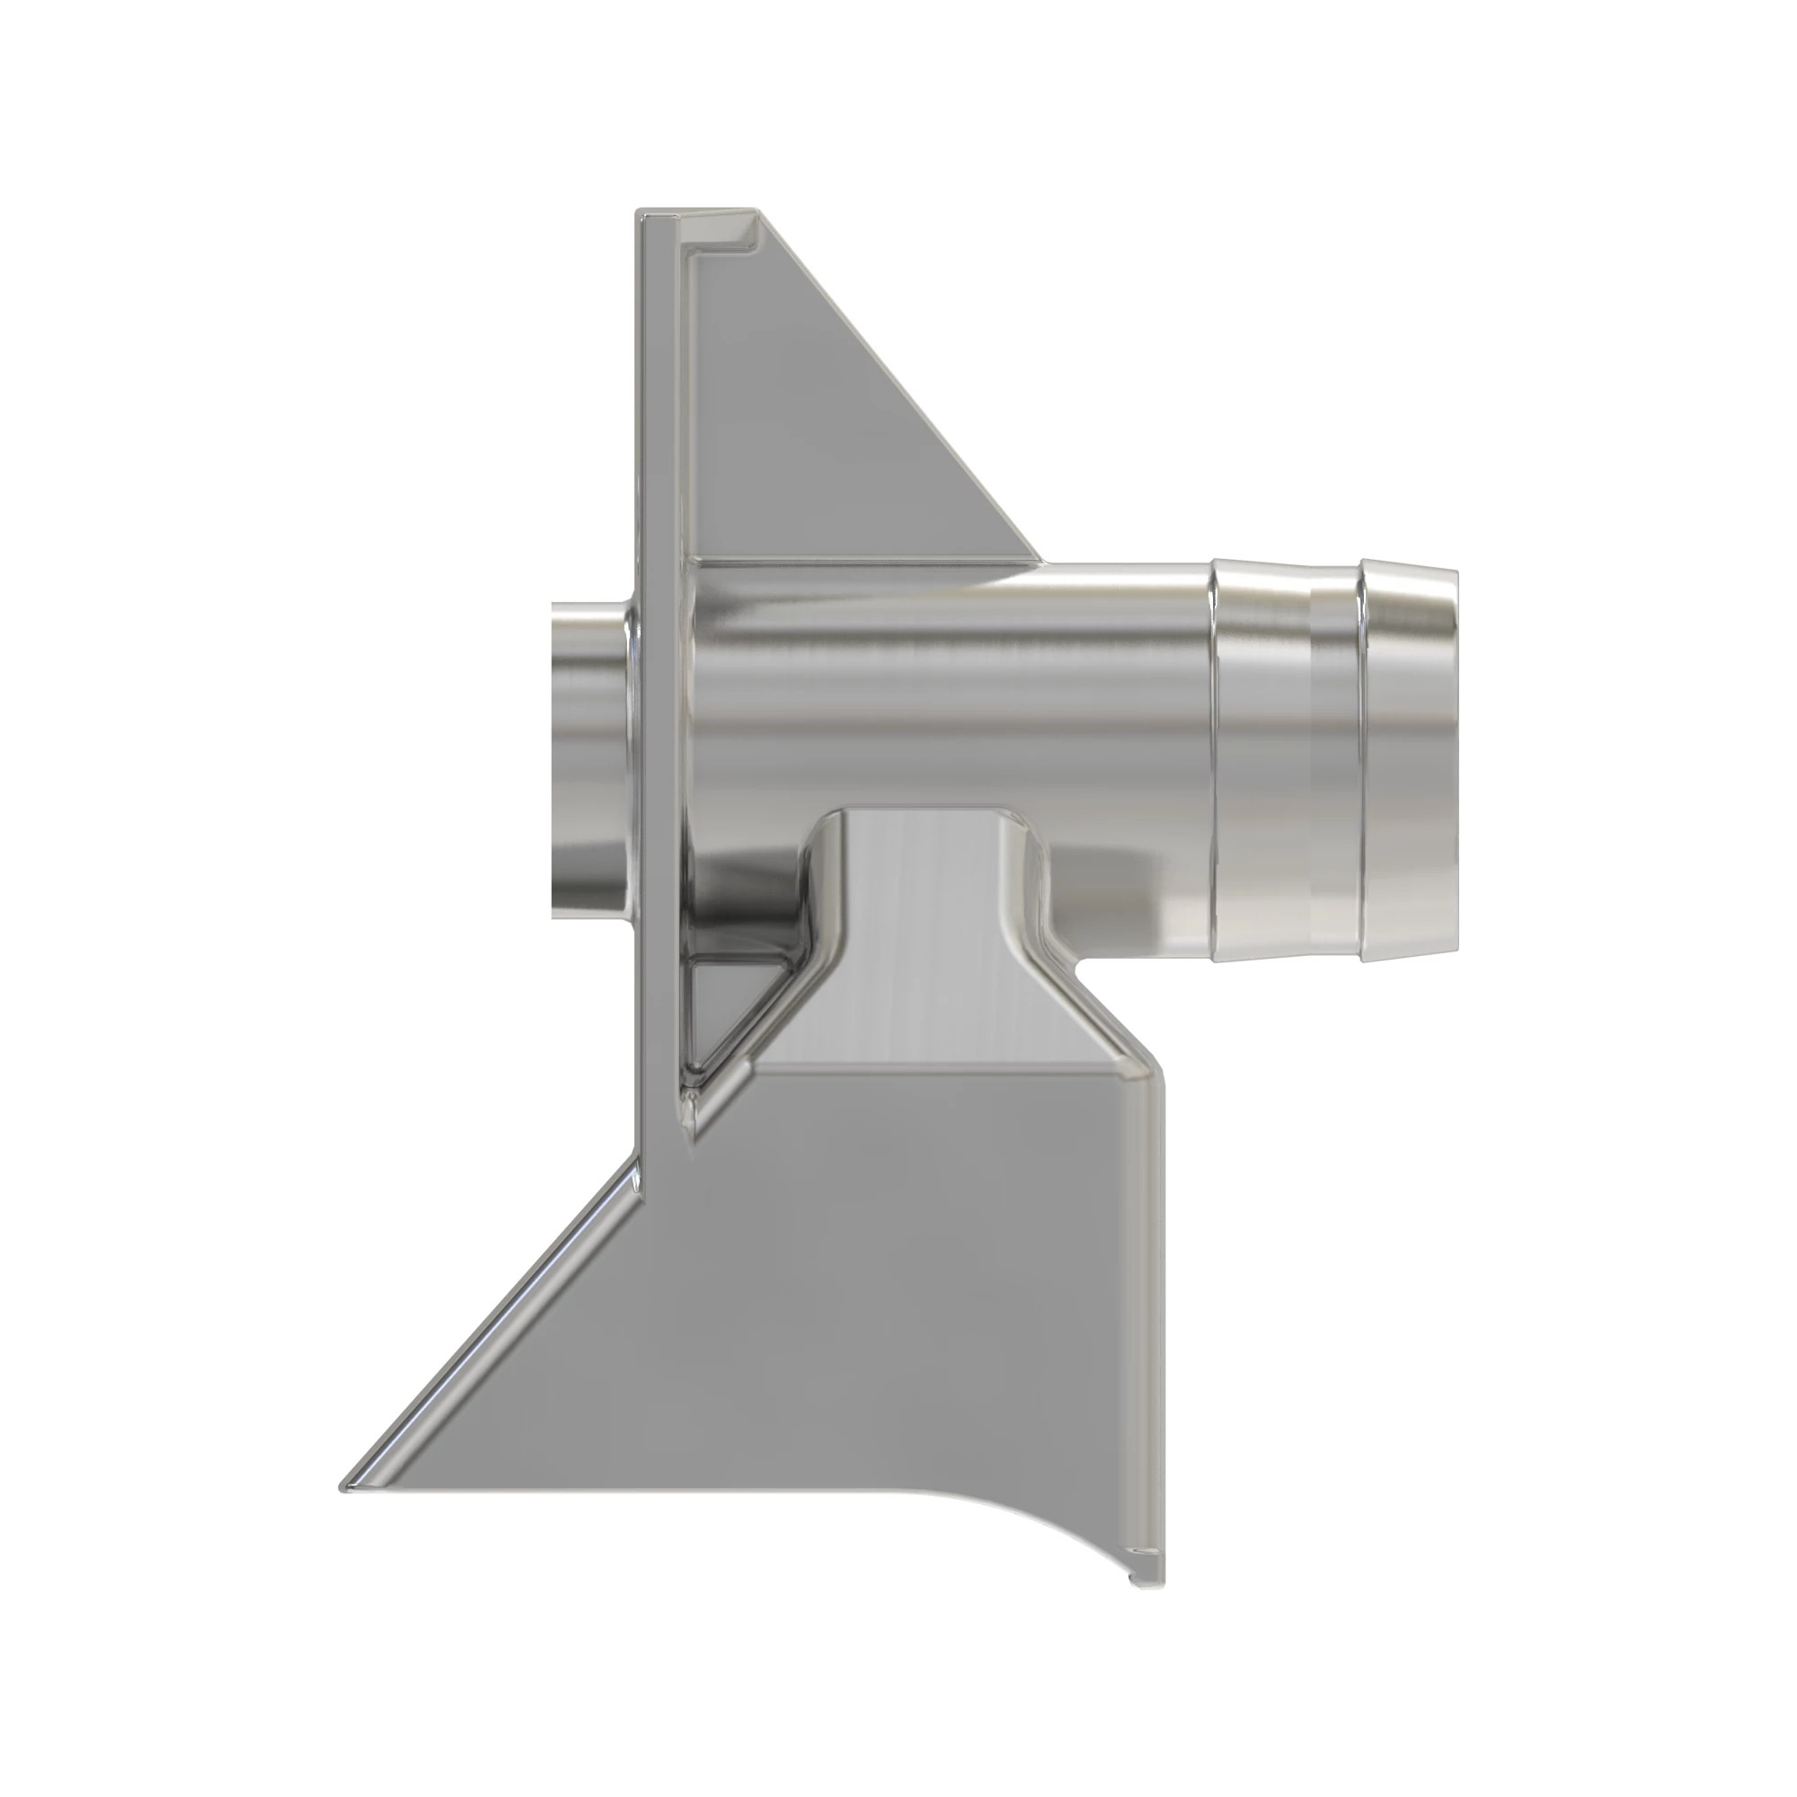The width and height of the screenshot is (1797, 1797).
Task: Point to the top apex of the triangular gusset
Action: pyautogui.click(x=756, y=216)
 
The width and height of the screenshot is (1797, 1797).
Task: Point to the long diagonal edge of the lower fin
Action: pyautogui.click(x=493, y=1321)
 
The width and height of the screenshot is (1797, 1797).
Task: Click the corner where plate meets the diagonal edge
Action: pyautogui.click(x=642, y=1160)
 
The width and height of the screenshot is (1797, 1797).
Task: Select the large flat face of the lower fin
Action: pyautogui.click(x=837, y=1302)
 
